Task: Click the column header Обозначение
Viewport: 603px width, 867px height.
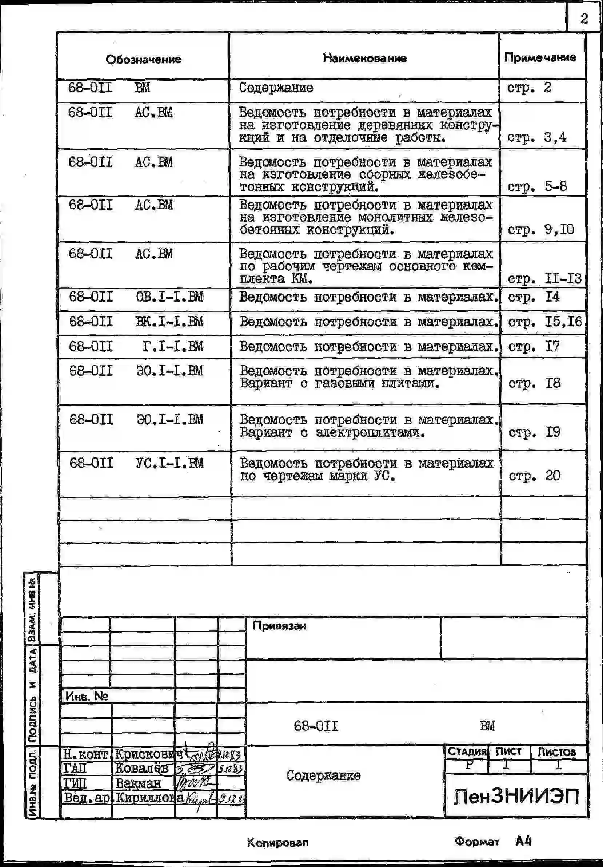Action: click(143, 59)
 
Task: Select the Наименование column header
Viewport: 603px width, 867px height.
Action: click(364, 58)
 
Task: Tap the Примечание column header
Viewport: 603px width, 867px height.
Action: click(540, 57)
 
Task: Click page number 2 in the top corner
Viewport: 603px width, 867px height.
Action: click(584, 18)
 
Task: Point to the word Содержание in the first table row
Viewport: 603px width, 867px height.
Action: click(276, 88)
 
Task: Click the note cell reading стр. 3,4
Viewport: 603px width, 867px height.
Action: click(536, 137)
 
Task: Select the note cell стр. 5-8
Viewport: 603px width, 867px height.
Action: click(537, 186)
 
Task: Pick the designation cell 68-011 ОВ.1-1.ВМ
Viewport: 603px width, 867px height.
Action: click(136, 297)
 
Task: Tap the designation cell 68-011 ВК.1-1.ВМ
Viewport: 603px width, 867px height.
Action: click(136, 322)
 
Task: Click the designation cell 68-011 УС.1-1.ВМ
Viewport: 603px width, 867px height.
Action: click(136, 463)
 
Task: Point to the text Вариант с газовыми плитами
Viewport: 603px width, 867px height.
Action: click(340, 384)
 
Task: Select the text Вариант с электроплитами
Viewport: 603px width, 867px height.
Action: click(332, 432)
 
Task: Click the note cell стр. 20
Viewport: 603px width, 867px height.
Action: click(534, 476)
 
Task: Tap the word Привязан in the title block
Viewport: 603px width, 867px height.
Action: click(279, 626)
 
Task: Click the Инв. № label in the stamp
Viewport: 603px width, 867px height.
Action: click(87, 696)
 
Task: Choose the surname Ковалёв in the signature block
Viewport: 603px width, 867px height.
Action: click(142, 768)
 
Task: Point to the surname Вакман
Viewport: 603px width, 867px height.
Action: click(138, 783)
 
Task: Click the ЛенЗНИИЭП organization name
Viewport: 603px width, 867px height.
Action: click(516, 797)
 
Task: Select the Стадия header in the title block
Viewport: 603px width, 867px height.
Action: click(467, 751)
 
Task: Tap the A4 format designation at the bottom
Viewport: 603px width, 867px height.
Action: click(523, 841)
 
